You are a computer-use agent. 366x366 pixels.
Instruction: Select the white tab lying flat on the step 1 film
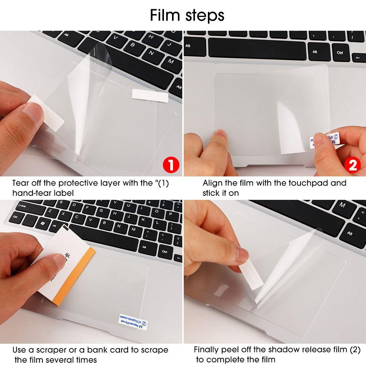[x=150, y=94]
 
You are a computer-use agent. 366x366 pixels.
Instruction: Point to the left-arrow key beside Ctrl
[x=358, y=57]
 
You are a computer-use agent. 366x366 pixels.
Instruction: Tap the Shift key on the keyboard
[x=20, y=206]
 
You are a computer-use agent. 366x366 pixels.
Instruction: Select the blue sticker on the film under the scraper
[x=133, y=320]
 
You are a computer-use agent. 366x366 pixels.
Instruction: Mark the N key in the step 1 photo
[x=151, y=53]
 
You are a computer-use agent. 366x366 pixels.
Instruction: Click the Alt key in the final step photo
[x=350, y=233]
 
